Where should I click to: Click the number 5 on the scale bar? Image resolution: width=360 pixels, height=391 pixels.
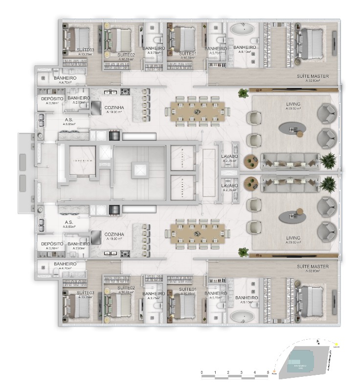coord(268,372)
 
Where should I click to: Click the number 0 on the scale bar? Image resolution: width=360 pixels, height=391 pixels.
coord(202,372)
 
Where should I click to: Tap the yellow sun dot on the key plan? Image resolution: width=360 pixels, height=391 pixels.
coord(337,345)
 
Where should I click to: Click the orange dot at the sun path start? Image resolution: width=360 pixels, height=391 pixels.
coord(275,375)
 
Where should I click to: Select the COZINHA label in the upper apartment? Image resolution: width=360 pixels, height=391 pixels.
coord(113,107)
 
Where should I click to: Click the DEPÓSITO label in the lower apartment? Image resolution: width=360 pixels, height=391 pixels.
coord(51,244)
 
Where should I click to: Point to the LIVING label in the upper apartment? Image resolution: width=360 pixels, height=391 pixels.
coord(293,104)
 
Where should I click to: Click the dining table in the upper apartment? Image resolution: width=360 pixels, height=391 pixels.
coord(195,112)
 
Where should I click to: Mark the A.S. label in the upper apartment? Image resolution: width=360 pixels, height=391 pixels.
coord(69,119)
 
